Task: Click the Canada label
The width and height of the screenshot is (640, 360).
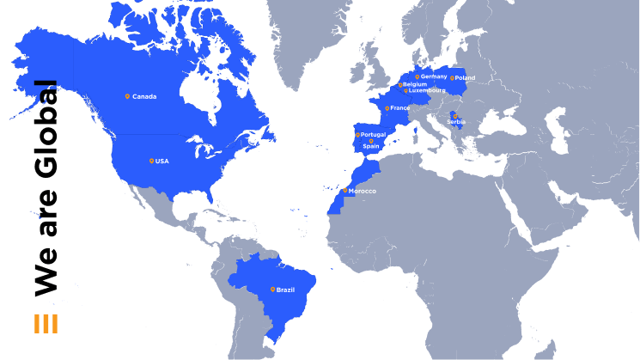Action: coord(144,96)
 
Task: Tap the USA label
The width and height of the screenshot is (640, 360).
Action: coord(162,162)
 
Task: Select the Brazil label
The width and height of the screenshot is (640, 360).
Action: coord(285,290)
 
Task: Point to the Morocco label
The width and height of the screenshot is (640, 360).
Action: coord(362,191)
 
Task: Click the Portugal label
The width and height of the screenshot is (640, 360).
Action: coord(374,135)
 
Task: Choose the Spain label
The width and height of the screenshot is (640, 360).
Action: coord(371,146)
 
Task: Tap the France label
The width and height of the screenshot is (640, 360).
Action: coord(400,108)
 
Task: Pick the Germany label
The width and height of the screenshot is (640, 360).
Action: coord(434,76)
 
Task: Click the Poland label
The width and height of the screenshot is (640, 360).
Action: coord(465,78)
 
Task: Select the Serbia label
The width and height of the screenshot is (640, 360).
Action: coord(455,122)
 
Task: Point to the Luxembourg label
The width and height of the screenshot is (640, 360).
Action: coord(428,90)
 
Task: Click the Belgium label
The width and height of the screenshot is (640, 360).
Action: coord(415,84)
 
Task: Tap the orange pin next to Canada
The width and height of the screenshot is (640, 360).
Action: coord(127,96)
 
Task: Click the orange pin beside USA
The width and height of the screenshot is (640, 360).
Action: coord(151,161)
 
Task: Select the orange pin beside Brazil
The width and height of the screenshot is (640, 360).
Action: coord(272,289)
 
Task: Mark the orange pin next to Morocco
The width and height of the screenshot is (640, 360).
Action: coord(345,190)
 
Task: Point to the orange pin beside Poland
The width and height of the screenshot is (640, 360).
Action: coord(452,77)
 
